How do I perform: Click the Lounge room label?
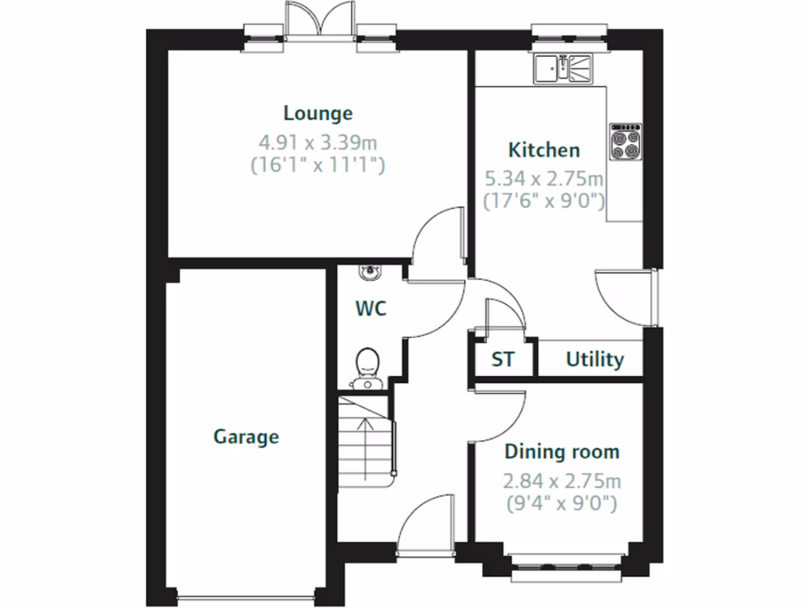(x=318, y=113)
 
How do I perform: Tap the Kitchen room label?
(x=543, y=150)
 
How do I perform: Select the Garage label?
(x=246, y=436)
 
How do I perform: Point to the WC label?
(x=371, y=308)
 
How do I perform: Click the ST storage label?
(x=502, y=359)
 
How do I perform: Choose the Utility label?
(x=594, y=359)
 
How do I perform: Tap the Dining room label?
(x=562, y=452)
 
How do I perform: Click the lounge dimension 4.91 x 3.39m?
(x=318, y=142)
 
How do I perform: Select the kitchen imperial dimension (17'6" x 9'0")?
(x=545, y=200)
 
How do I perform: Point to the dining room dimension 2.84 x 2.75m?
(x=562, y=481)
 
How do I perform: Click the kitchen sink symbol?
(x=562, y=68)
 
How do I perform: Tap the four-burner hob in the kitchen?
(x=625, y=142)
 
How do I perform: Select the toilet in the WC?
(x=367, y=367)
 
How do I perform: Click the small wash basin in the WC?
(x=368, y=272)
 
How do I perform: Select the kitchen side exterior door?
(x=626, y=297)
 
